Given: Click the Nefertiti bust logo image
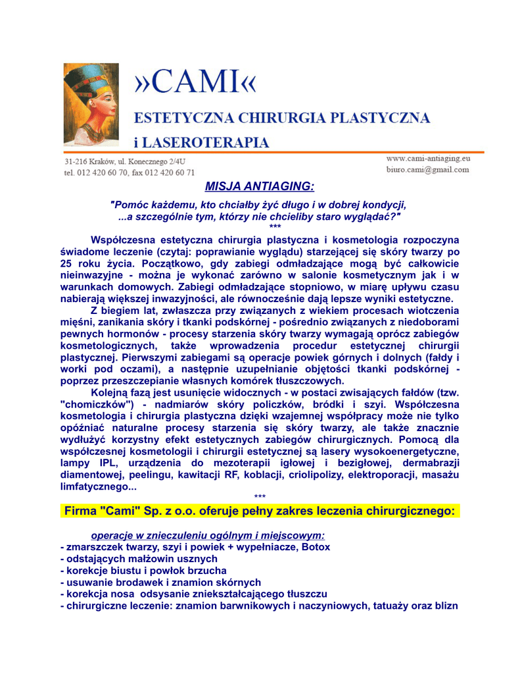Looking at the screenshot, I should [91, 103].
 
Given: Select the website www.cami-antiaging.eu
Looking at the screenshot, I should [428, 158].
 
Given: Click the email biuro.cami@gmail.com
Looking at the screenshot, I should [428, 169].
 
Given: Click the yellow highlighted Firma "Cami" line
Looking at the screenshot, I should [260, 511].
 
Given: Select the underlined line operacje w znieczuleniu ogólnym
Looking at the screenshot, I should [208, 536].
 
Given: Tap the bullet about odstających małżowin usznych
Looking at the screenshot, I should [139, 559].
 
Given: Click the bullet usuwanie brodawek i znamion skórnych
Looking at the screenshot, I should [160, 583].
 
